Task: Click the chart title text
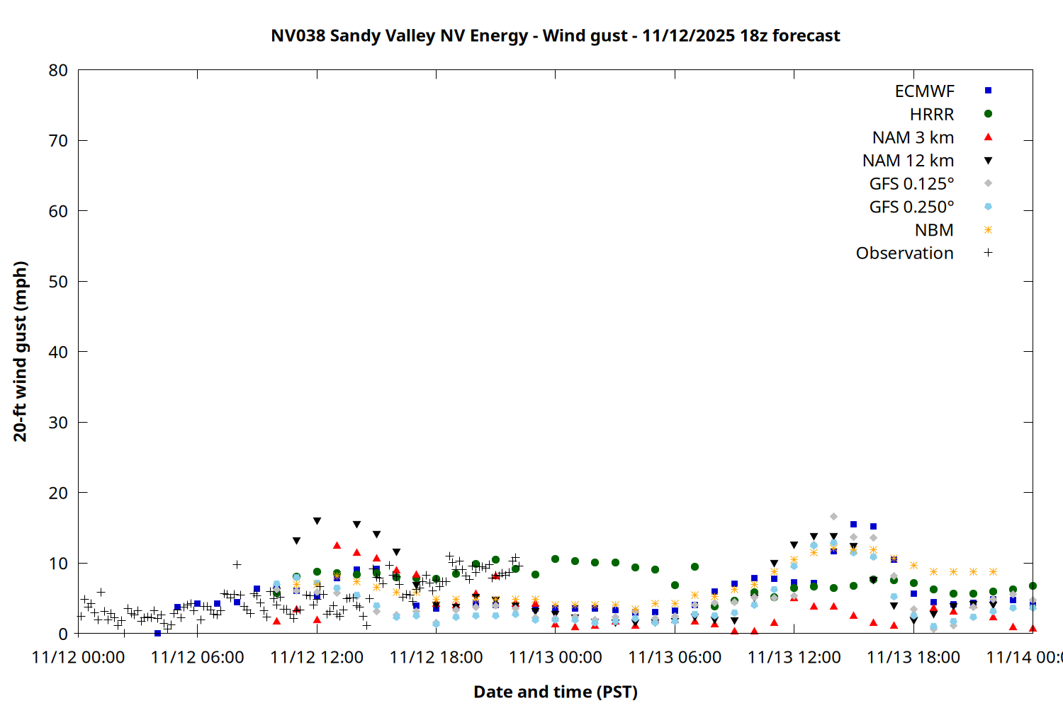(555, 35)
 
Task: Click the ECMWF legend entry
(924, 91)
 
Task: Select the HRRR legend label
(931, 115)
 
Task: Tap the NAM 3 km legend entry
(913, 137)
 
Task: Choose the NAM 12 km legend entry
(908, 161)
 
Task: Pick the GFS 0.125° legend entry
(911, 184)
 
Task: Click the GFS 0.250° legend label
(911, 207)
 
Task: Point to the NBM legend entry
(934, 230)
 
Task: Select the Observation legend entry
(904, 253)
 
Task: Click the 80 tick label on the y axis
(58, 70)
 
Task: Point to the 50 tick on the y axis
(58, 281)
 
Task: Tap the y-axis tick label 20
(58, 493)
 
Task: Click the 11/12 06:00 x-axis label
(197, 657)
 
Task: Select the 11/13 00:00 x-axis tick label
(555, 657)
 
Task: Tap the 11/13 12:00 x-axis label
(794, 657)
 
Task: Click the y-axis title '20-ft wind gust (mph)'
(21, 351)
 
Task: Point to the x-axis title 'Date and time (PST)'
(555, 692)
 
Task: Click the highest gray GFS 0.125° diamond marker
(833, 517)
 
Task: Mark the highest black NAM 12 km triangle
(317, 521)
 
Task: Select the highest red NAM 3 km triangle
(337, 545)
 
